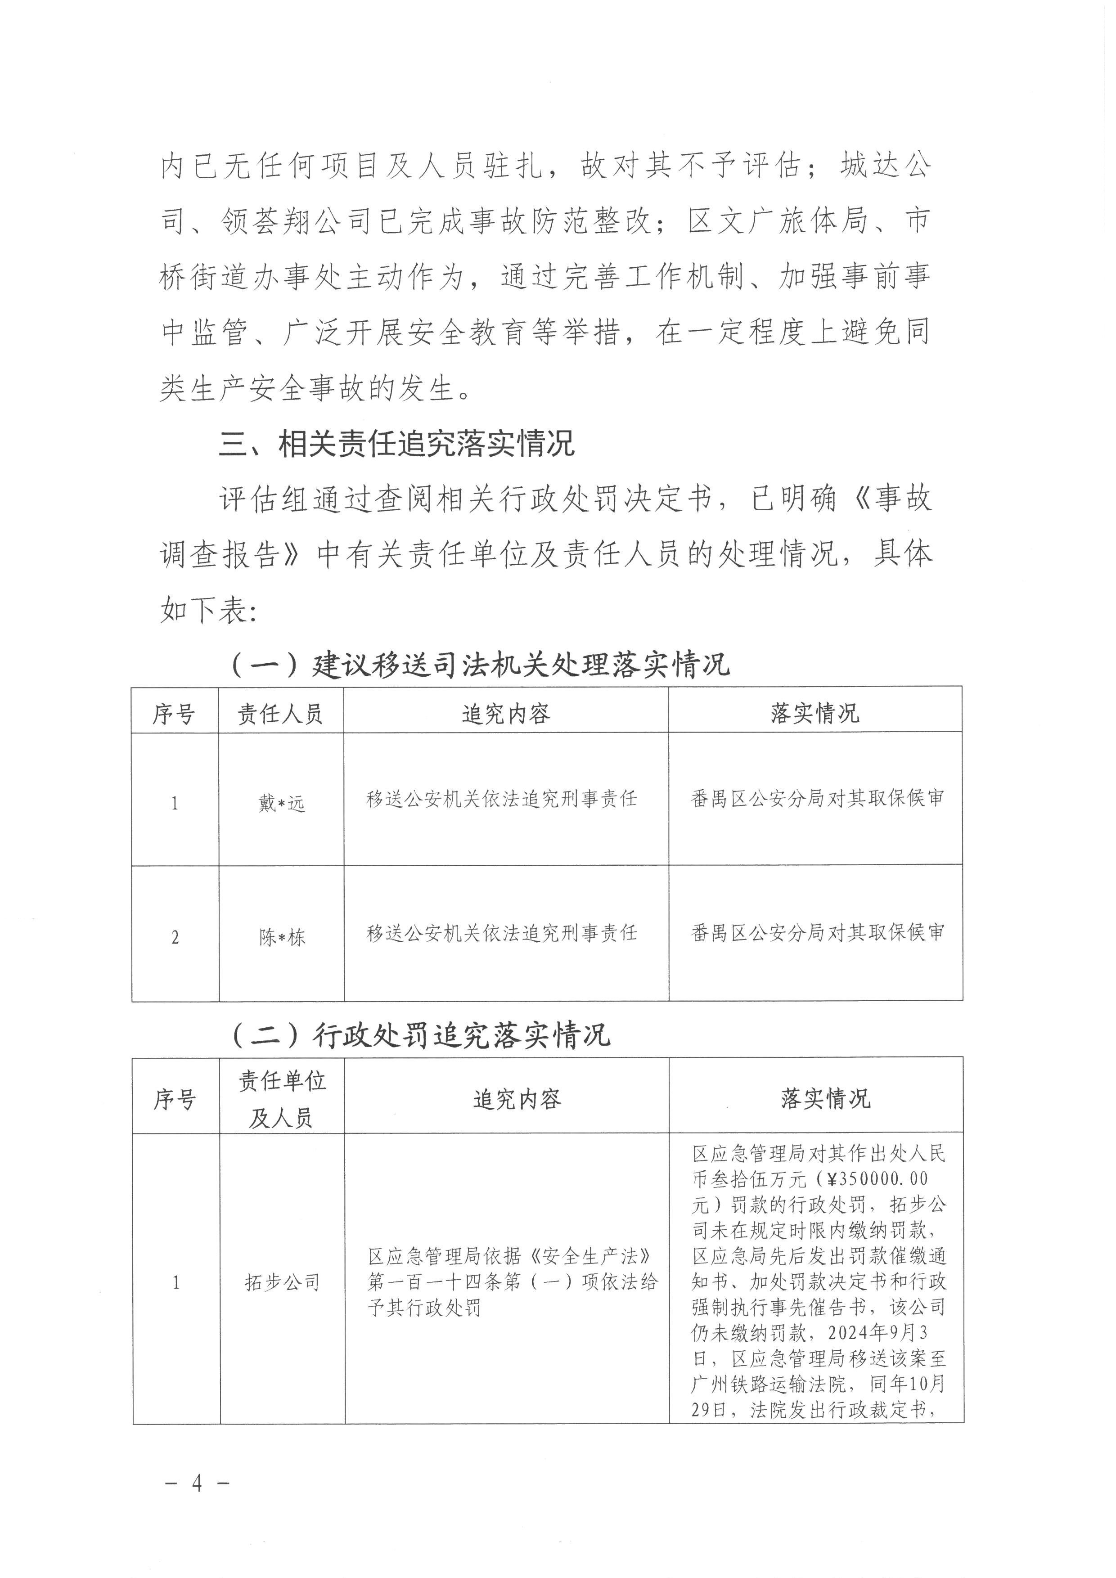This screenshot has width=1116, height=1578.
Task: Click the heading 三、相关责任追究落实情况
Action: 396,445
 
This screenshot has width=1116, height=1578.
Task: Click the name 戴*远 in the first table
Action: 281,803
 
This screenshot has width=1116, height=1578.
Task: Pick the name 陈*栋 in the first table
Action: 281,937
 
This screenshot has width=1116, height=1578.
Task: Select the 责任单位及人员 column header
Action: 282,1100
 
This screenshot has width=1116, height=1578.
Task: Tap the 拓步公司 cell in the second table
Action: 282,1282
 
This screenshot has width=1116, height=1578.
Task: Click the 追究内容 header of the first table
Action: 506,714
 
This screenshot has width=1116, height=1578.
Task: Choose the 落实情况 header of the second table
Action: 825,1098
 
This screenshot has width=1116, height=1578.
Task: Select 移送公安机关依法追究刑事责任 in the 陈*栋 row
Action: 502,933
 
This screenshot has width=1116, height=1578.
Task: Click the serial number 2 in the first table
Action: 175,937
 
